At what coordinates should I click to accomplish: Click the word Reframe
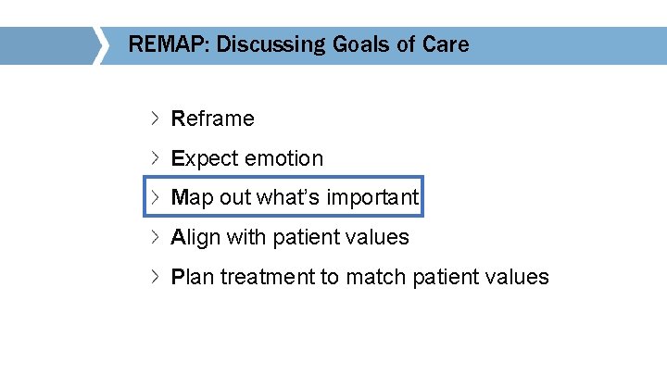click(x=212, y=119)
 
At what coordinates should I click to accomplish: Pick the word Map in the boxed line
click(x=193, y=197)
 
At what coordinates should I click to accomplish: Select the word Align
click(x=195, y=237)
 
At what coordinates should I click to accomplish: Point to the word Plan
click(x=192, y=277)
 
